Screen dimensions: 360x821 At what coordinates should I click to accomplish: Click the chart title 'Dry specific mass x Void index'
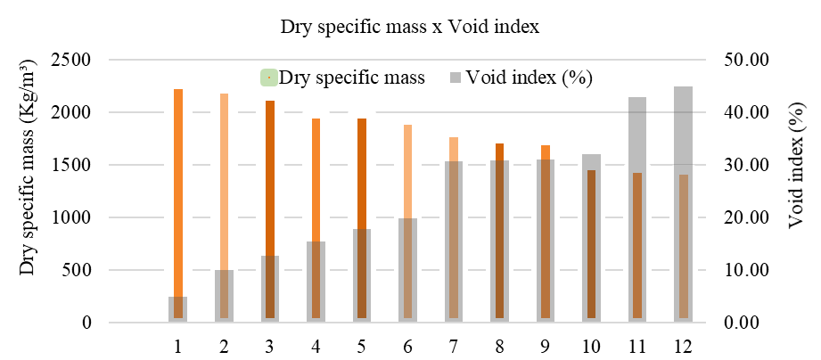[x=410, y=27]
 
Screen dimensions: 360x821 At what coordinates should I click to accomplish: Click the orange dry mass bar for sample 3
[x=270, y=178]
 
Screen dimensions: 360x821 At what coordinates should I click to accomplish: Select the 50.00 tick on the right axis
[x=746, y=61]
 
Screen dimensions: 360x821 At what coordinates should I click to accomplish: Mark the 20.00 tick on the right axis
[x=746, y=217]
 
